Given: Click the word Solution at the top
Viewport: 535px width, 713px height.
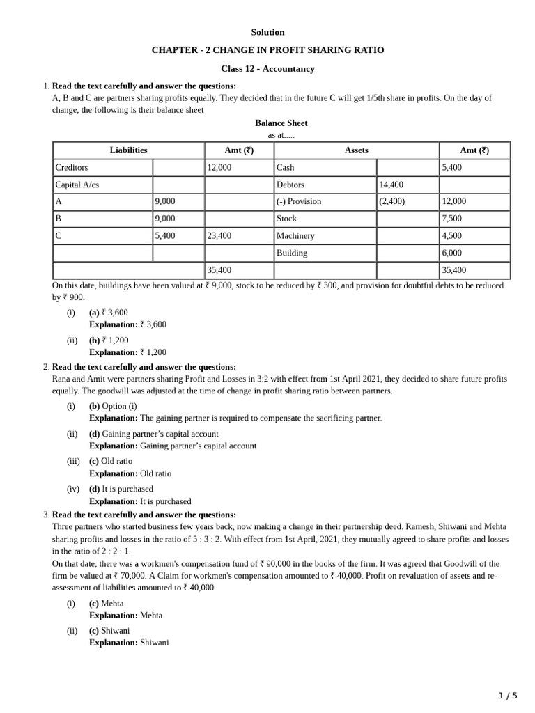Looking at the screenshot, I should coord(267,32).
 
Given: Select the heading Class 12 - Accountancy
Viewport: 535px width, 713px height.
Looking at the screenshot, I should coord(267,68).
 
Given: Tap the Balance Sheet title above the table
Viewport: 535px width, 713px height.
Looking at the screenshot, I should coord(281,123).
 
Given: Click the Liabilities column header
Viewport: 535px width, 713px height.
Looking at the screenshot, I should coord(128,150).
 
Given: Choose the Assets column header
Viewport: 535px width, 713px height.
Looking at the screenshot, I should coord(356,150).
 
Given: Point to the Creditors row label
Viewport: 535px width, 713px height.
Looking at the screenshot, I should coord(72,168).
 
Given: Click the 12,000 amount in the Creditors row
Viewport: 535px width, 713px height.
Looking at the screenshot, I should coord(219,168).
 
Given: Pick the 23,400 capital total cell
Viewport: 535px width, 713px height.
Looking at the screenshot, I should coord(219,236).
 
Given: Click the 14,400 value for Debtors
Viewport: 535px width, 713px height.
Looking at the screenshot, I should coord(391,185).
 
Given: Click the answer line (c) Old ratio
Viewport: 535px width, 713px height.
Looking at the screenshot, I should coord(111,461).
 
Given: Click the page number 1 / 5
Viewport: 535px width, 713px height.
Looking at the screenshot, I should coord(508,696).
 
